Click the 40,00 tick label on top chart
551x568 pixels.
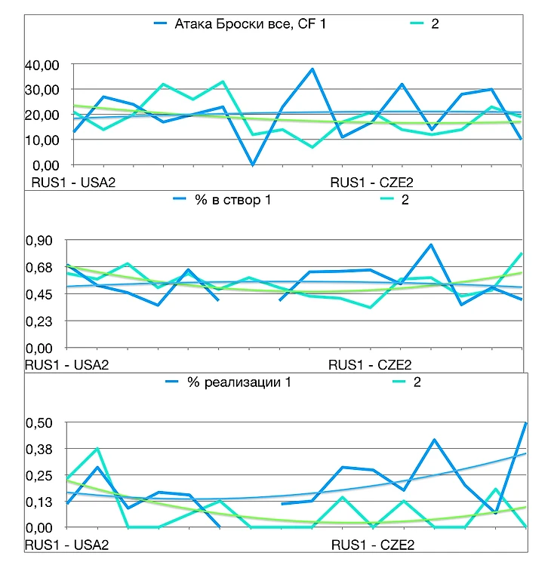(43, 66)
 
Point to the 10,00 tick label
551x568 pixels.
(43, 140)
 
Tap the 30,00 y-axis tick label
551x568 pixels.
(43, 91)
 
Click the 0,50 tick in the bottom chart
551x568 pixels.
(39, 423)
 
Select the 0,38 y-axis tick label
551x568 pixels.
(39, 450)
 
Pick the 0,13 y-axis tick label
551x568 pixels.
(39, 502)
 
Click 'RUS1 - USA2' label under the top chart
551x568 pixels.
(73, 182)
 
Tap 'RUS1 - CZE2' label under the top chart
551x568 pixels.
(371, 182)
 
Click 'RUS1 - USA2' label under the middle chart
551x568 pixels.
(67, 364)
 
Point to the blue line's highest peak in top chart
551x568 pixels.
(312, 69)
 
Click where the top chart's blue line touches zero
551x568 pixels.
(252, 164)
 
